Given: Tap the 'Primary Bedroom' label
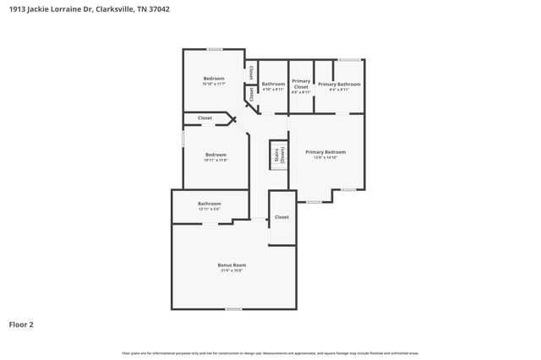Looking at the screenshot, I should click(325, 152).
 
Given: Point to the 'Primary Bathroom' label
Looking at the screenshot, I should click(339, 84).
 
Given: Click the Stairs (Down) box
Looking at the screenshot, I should click(276, 155).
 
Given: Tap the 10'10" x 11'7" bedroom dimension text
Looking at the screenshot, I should click(213, 84).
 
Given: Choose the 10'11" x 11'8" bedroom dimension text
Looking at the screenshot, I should click(216, 160).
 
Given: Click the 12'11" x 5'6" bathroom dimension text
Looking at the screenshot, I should click(210, 209).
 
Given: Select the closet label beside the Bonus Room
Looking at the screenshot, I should click(281, 217).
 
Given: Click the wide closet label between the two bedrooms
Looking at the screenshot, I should click(205, 118).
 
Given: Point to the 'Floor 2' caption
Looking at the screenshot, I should click(21, 324).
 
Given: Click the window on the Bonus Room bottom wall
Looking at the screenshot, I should click(233, 308).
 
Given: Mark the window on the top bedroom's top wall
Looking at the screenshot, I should click(216, 50).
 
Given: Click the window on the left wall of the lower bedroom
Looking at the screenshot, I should click(183, 139).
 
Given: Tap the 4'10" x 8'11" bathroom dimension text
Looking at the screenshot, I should click(273, 89).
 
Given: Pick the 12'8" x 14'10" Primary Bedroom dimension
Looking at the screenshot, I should click(325, 157).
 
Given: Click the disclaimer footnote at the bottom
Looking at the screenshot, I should click(270, 352).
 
